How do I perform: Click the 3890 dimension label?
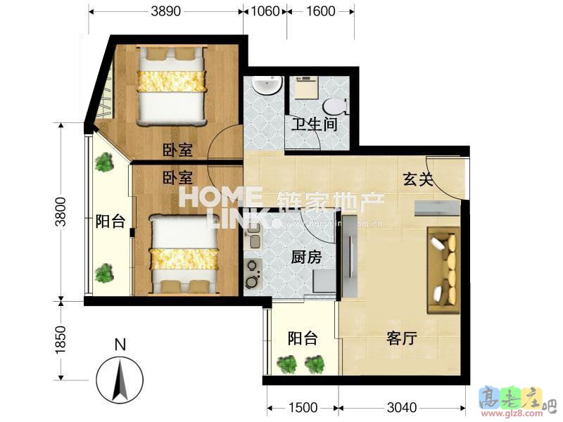166,11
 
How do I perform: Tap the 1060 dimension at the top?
265,11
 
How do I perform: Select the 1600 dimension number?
320,11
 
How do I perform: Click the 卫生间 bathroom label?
315,125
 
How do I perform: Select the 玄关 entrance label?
417,179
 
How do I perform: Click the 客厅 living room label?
402,339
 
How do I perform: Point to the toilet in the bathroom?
334,106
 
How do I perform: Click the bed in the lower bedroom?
184,254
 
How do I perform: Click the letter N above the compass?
120,345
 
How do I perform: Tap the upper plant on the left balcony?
104,163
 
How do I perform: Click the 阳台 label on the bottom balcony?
303,339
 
